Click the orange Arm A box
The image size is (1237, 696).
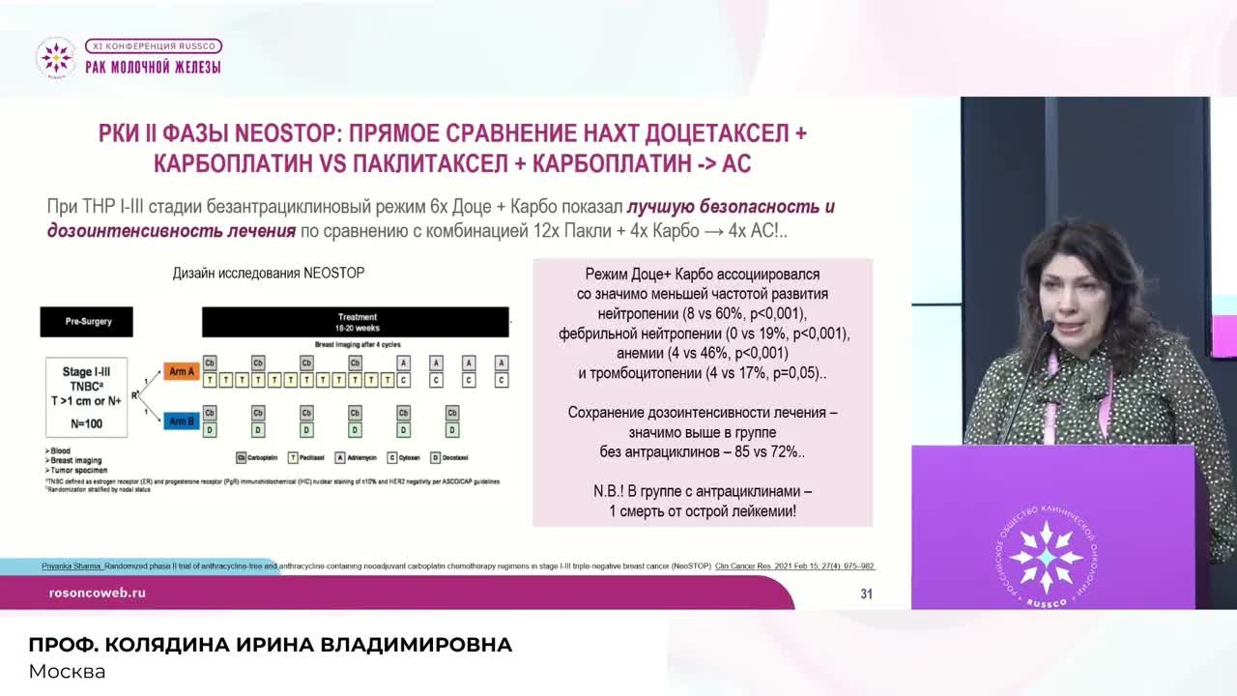coord(182,372)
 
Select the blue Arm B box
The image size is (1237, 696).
coord(182,421)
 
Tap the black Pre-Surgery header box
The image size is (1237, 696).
coord(87,321)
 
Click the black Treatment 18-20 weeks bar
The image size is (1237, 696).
coord(356,322)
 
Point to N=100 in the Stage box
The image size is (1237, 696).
coord(87,423)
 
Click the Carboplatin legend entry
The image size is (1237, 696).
coord(259,457)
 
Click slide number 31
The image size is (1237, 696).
coord(866,594)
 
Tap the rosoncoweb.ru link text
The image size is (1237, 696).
coord(97,593)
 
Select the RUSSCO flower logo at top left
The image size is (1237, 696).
coord(55,57)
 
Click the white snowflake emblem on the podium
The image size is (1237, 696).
coord(1045,558)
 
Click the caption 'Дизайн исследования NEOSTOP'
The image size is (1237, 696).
coord(269,274)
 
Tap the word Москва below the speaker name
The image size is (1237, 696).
coord(67,671)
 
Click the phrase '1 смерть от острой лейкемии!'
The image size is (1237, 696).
coord(703,510)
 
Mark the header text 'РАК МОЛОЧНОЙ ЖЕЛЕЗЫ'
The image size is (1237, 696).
coord(153,67)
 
